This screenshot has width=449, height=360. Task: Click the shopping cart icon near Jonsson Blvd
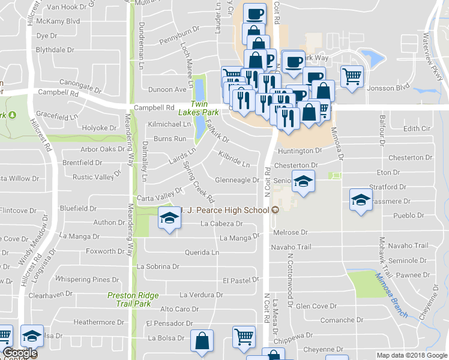point(352,76)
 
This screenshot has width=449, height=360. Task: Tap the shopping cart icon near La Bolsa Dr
point(244,338)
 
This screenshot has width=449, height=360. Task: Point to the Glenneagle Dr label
point(237,181)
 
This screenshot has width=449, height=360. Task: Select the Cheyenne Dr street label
point(323,349)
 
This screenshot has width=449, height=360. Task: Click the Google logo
point(19,353)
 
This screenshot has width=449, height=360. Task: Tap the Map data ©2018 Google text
point(411,355)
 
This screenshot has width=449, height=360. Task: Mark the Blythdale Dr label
point(55,50)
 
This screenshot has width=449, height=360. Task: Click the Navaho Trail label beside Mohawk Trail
point(408,246)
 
